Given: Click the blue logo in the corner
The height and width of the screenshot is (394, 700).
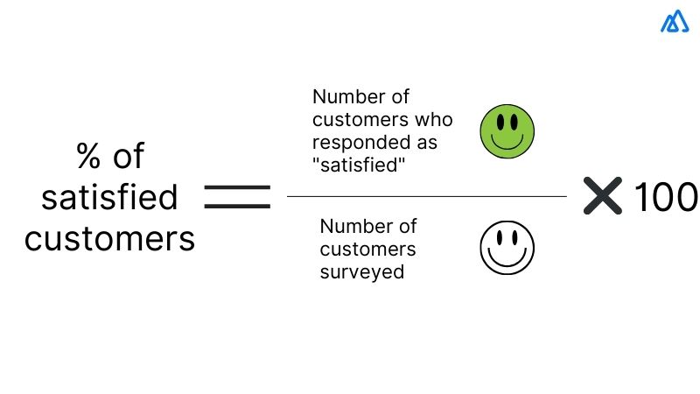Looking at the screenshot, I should click(x=675, y=23).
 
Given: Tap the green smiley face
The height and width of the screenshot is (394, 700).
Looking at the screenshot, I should click(x=507, y=131).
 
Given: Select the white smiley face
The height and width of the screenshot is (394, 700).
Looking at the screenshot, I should click(x=507, y=248).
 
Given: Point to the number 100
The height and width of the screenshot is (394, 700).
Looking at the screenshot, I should click(x=665, y=197).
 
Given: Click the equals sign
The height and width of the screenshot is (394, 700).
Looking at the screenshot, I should click(x=237, y=196).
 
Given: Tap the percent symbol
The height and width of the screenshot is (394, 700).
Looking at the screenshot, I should click(x=87, y=158).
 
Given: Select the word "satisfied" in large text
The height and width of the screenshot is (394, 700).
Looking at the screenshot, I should click(x=109, y=198).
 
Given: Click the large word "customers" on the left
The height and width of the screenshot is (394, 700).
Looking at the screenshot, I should click(x=109, y=238).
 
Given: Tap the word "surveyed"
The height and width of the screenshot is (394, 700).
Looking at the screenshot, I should click(x=361, y=271).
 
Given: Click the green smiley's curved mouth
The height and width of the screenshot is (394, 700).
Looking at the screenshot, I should click(x=507, y=143).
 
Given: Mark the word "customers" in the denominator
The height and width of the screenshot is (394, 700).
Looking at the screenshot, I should click(x=367, y=250).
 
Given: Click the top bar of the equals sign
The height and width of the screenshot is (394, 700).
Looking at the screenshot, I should click(x=237, y=187).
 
